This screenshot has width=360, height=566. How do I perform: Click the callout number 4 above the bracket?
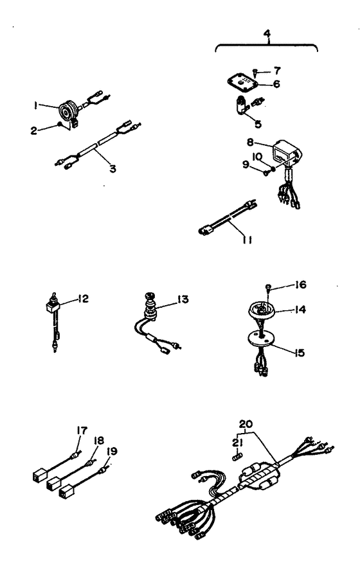click(x=267, y=33)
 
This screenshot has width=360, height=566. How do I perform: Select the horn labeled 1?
click(x=69, y=111)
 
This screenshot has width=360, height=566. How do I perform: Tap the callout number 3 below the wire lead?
click(x=113, y=168)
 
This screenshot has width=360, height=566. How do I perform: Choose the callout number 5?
click(x=258, y=124)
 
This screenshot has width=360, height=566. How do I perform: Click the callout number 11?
click(x=248, y=240)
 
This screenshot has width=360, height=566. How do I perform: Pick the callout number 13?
click(x=183, y=299)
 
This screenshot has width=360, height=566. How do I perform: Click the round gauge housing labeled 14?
click(x=262, y=310)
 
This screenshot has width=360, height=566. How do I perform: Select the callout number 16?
click(x=300, y=285)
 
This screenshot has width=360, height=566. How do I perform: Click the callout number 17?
click(x=82, y=430)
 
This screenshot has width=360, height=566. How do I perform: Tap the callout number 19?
click(x=112, y=451)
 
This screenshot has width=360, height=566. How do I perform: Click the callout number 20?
click(x=246, y=424)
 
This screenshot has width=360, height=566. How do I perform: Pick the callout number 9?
click(x=246, y=164)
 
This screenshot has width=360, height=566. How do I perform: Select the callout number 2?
click(x=33, y=130)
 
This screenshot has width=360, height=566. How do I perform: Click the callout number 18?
click(x=98, y=440)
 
